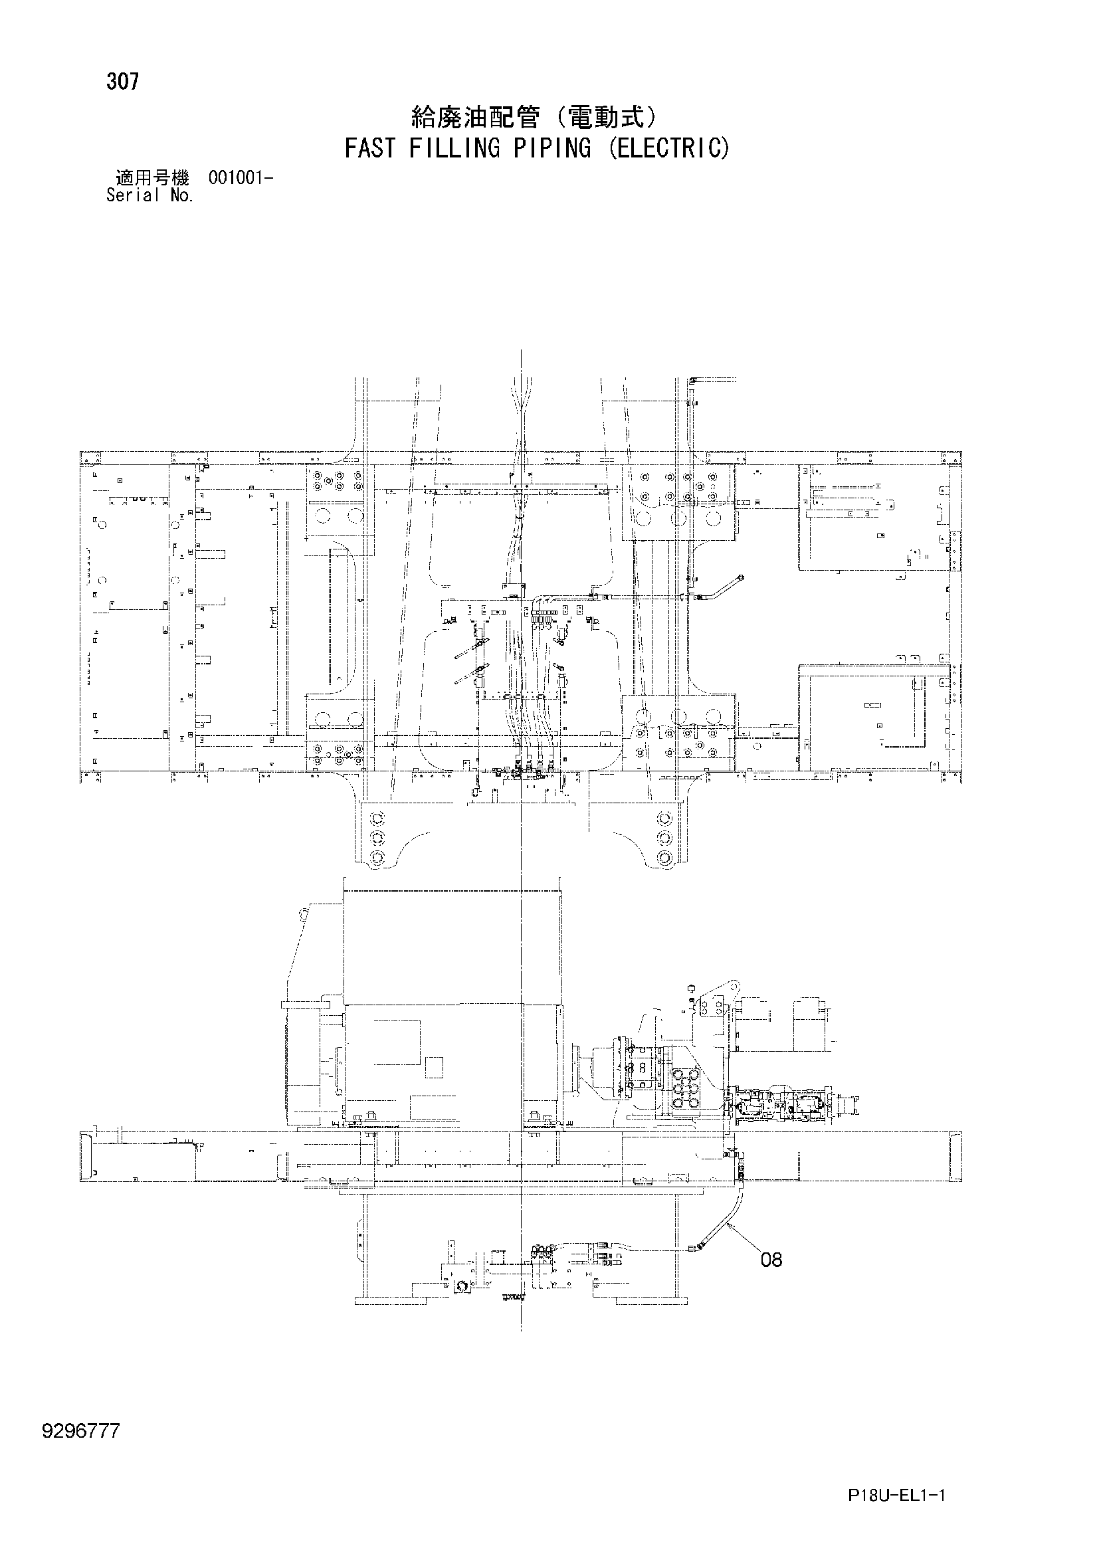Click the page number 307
(122, 82)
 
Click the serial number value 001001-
(241, 179)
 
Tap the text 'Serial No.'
(150, 195)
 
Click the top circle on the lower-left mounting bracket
(377, 817)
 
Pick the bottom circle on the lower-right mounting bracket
(665, 859)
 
